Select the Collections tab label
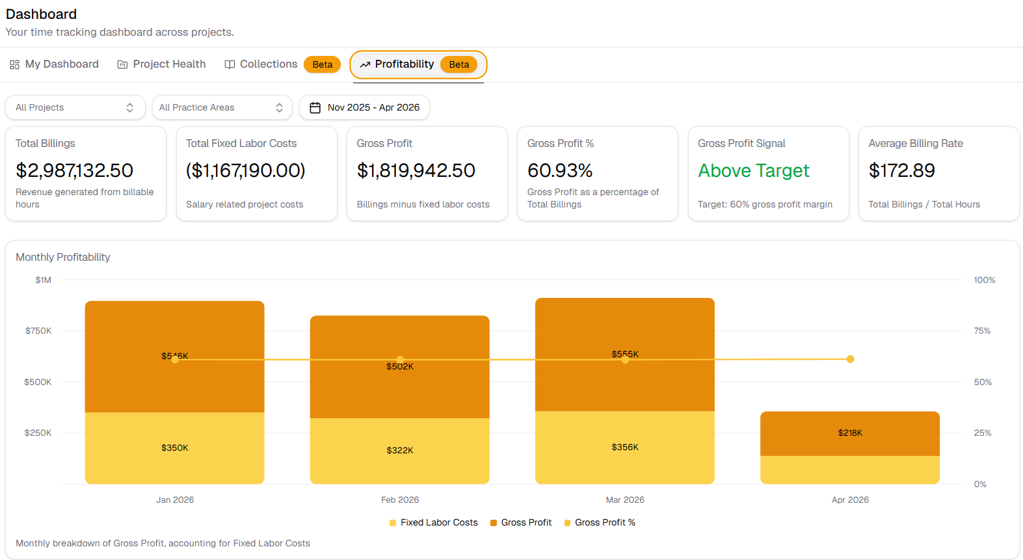click(x=268, y=64)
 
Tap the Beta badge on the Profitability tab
click(x=458, y=64)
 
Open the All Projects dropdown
click(x=75, y=107)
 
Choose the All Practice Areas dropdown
click(x=222, y=107)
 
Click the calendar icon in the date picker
click(x=315, y=108)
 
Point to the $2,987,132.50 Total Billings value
click(x=74, y=170)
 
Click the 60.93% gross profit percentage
click(x=560, y=170)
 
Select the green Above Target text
click(x=753, y=170)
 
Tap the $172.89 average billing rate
click(x=901, y=170)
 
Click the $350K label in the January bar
click(x=175, y=448)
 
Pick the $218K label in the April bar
click(x=850, y=433)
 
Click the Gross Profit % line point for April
click(x=850, y=359)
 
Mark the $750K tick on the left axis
click(x=38, y=331)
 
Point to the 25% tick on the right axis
click(x=982, y=433)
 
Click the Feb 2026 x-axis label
click(x=400, y=500)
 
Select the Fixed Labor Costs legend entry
click(x=433, y=523)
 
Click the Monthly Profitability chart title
click(x=63, y=258)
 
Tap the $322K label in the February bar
click(x=400, y=451)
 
